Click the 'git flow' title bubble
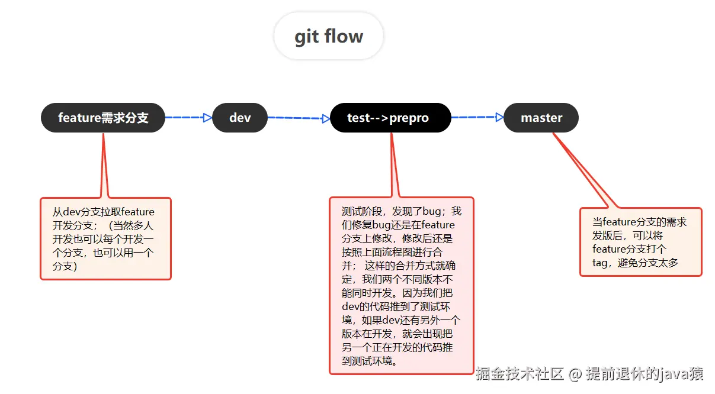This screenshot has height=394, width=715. pyautogui.click(x=329, y=36)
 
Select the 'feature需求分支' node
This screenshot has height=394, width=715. pyautogui.click(x=103, y=118)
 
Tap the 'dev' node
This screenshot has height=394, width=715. pyautogui.click(x=240, y=118)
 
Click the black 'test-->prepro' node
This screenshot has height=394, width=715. pyautogui.click(x=390, y=118)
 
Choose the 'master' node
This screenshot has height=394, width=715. pyautogui.click(x=541, y=118)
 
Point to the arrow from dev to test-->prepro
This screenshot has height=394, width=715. pyautogui.click(x=298, y=118)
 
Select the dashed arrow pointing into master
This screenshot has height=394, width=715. pyautogui.click(x=477, y=117)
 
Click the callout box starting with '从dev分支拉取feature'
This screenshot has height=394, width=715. pyautogui.click(x=105, y=238)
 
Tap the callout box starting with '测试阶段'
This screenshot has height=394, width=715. pyautogui.click(x=401, y=285)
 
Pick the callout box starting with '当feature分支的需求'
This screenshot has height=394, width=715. pyautogui.click(x=640, y=242)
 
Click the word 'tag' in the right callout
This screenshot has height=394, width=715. pyautogui.click(x=600, y=263)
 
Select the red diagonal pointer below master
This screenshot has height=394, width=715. pyautogui.click(x=583, y=172)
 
